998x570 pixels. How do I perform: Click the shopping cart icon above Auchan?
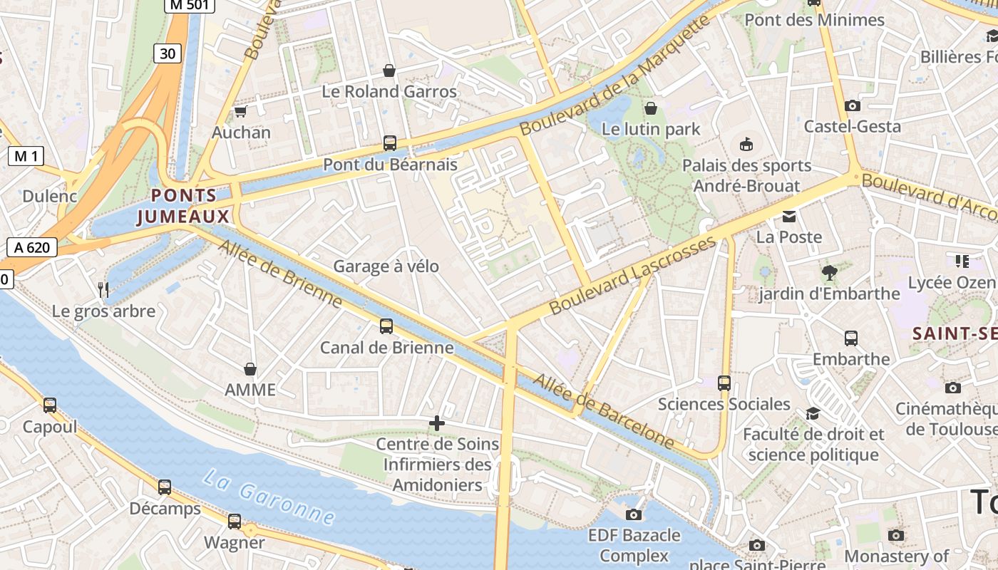[240, 112]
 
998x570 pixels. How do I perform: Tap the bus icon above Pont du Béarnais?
[389, 143]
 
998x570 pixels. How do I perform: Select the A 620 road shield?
[32, 247]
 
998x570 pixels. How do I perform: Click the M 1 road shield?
[26, 156]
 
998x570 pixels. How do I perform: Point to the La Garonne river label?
[269, 496]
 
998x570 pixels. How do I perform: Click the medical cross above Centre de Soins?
[436, 424]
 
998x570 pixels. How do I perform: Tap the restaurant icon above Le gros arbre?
[104, 289]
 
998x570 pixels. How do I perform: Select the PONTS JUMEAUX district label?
[184, 206]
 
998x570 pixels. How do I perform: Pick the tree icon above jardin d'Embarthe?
[829, 272]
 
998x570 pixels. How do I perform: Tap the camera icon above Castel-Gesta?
[852, 106]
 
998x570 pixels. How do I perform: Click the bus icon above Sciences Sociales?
[724, 383]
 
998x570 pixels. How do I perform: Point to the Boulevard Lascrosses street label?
[632, 276]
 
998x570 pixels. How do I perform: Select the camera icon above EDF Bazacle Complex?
[633, 514]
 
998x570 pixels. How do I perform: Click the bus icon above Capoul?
[49, 405]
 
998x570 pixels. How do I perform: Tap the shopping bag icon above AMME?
[249, 369]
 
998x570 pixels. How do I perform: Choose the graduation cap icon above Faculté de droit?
[813, 414]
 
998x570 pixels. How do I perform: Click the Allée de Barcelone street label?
[604, 412]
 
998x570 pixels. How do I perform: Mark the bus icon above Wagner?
[234, 522]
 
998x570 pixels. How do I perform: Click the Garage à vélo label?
[386, 266]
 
